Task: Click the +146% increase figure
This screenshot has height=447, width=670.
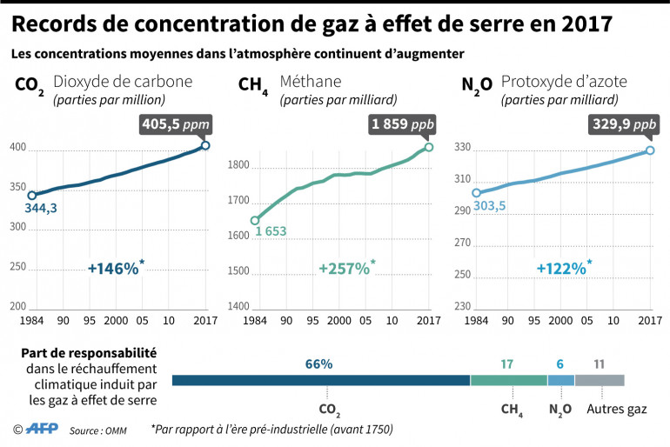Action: [x=113, y=269]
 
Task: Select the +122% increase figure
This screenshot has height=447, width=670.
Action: [x=561, y=269]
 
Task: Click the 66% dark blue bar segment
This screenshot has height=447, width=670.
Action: [x=321, y=380]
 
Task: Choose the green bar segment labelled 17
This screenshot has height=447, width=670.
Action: [x=508, y=380]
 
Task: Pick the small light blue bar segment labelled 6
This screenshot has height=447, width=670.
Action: [x=560, y=380]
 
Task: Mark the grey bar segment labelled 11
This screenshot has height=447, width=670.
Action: [x=600, y=380]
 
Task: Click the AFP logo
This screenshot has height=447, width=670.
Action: [x=42, y=428]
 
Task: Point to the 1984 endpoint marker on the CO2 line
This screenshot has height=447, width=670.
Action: [x=31, y=196]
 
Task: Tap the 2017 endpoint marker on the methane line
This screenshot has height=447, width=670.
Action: [x=428, y=147]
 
